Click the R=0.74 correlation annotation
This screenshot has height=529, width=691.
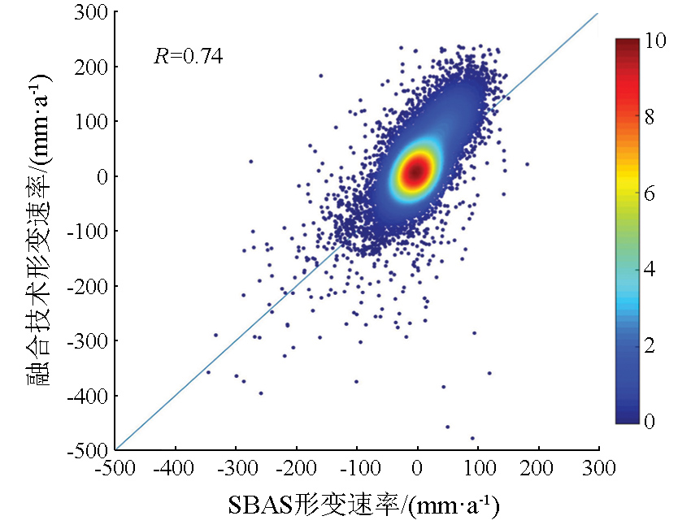click(x=188, y=56)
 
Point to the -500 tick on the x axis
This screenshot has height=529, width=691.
click(x=115, y=470)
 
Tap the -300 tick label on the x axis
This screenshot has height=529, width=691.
click(x=236, y=470)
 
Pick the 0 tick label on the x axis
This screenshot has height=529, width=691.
click(x=418, y=470)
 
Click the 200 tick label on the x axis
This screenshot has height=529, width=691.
click(x=539, y=470)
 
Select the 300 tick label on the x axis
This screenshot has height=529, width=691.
click(x=599, y=470)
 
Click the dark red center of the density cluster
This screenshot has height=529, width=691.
click(x=415, y=170)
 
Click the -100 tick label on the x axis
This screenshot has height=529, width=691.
click(x=357, y=470)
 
